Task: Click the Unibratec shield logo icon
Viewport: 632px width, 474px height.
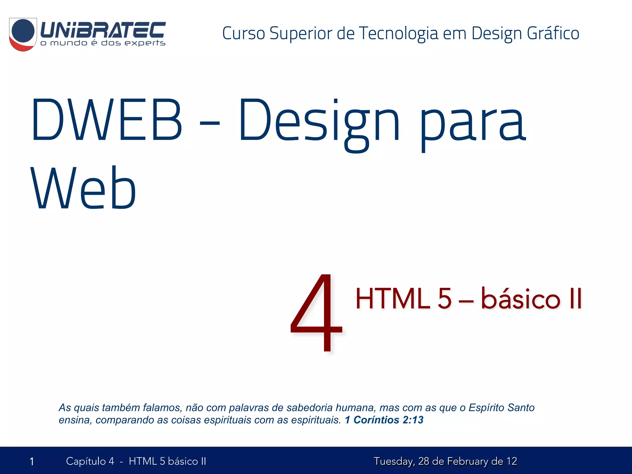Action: pos(23,34)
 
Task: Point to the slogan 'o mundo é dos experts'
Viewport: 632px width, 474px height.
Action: pos(103,43)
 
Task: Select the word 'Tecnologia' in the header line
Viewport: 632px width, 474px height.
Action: pos(398,33)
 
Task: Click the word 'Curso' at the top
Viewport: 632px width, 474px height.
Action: pos(243,33)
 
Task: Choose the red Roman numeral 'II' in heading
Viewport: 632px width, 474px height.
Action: pos(575,299)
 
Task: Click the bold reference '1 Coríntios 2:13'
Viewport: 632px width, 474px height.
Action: pos(384,420)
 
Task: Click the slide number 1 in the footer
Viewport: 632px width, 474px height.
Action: pos(32,462)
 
